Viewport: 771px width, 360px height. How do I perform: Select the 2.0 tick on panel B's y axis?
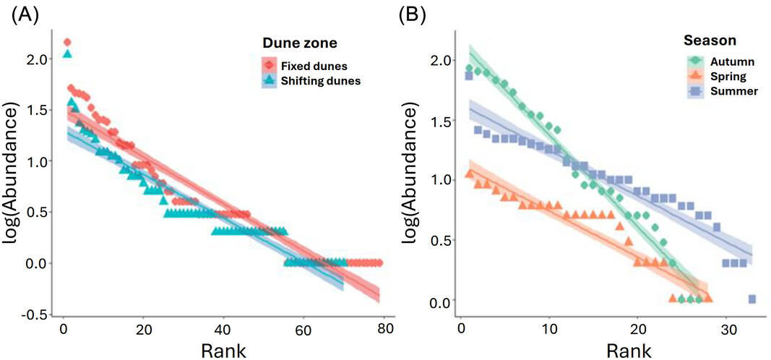(439, 59)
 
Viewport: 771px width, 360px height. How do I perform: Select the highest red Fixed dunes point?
(67, 42)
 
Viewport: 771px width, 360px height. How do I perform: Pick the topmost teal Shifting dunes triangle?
(67, 53)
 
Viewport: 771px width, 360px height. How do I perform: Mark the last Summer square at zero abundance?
(752, 299)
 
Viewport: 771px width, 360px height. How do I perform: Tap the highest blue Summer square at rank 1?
(469, 76)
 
